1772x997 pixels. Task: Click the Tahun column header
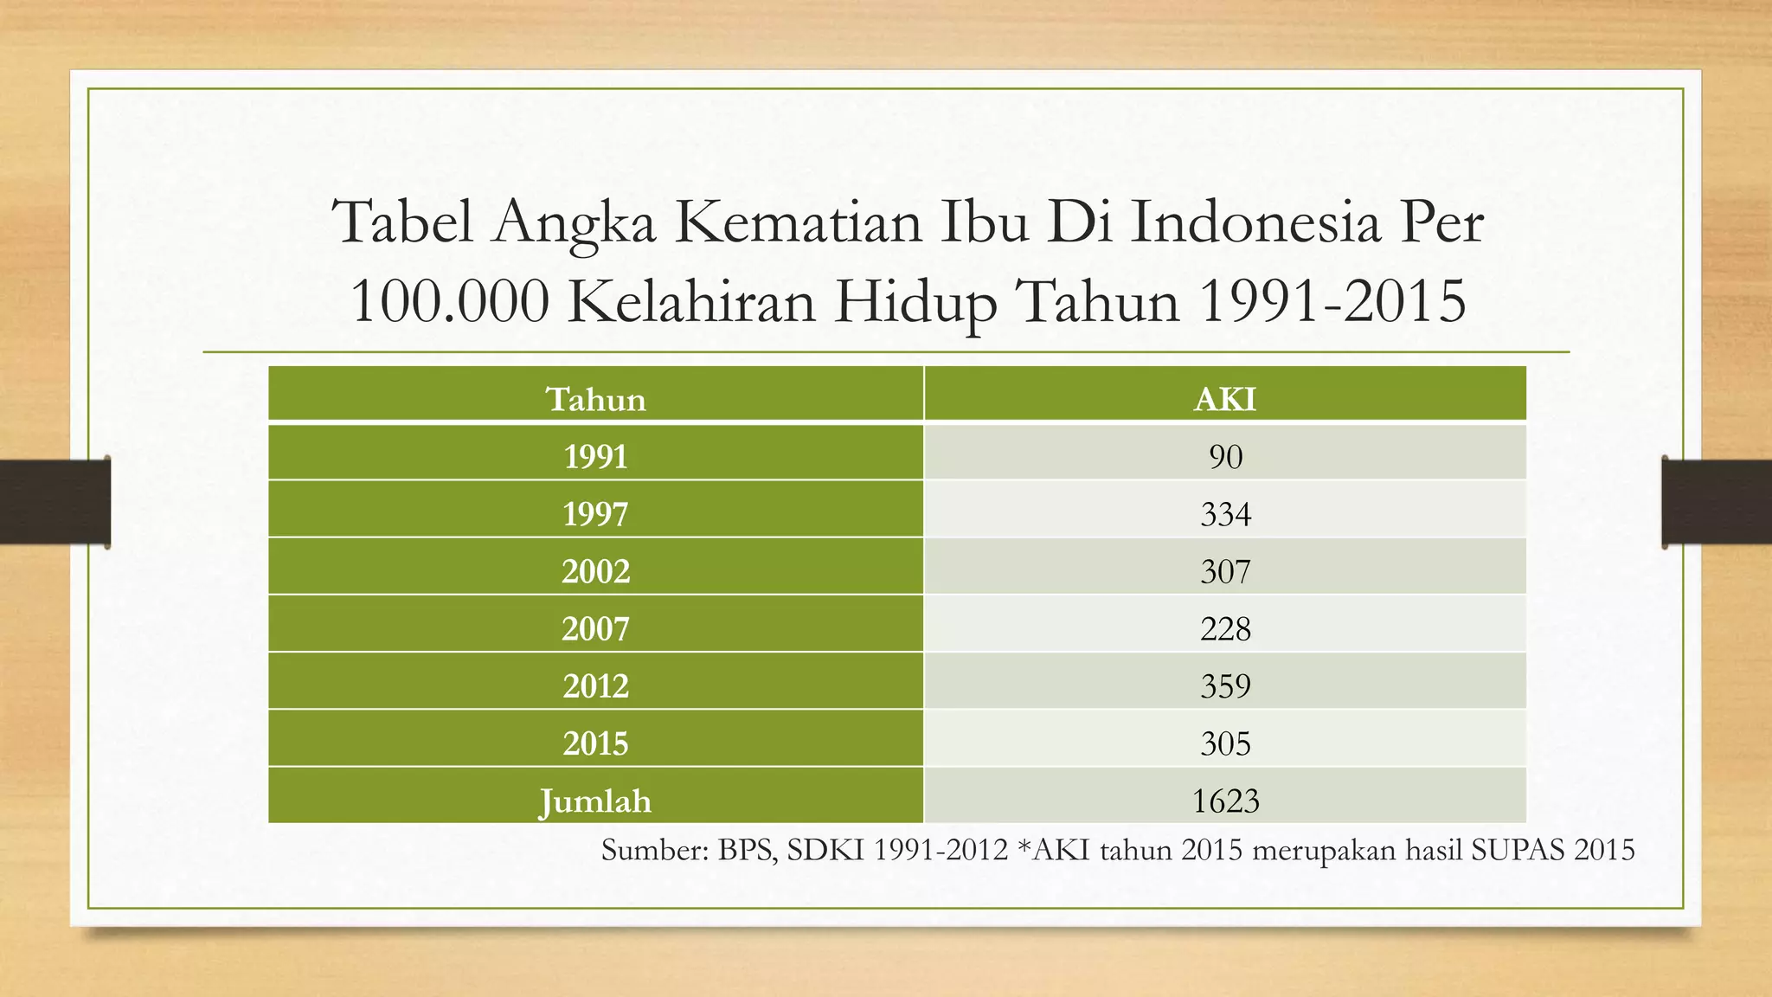tap(595, 399)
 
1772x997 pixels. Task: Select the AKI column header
tap(1224, 399)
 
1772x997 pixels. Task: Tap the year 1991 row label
tap(595, 456)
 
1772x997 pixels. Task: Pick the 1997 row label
tap(595, 514)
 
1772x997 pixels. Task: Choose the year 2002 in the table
tap(595, 571)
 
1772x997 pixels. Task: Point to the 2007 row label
tap(595, 628)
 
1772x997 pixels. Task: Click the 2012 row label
tap(595, 686)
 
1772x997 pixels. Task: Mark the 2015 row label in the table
tap(595, 743)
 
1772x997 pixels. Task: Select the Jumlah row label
tap(595, 801)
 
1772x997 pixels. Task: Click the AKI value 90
tap(1225, 456)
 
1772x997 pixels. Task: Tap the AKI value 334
tap(1225, 514)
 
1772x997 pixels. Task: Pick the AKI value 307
tap(1225, 571)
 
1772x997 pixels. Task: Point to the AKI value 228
tap(1225, 628)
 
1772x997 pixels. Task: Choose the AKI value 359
tap(1225, 686)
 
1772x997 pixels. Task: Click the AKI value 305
tap(1225, 743)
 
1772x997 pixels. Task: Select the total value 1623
tap(1225, 801)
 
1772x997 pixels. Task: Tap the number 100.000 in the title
tap(449, 302)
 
